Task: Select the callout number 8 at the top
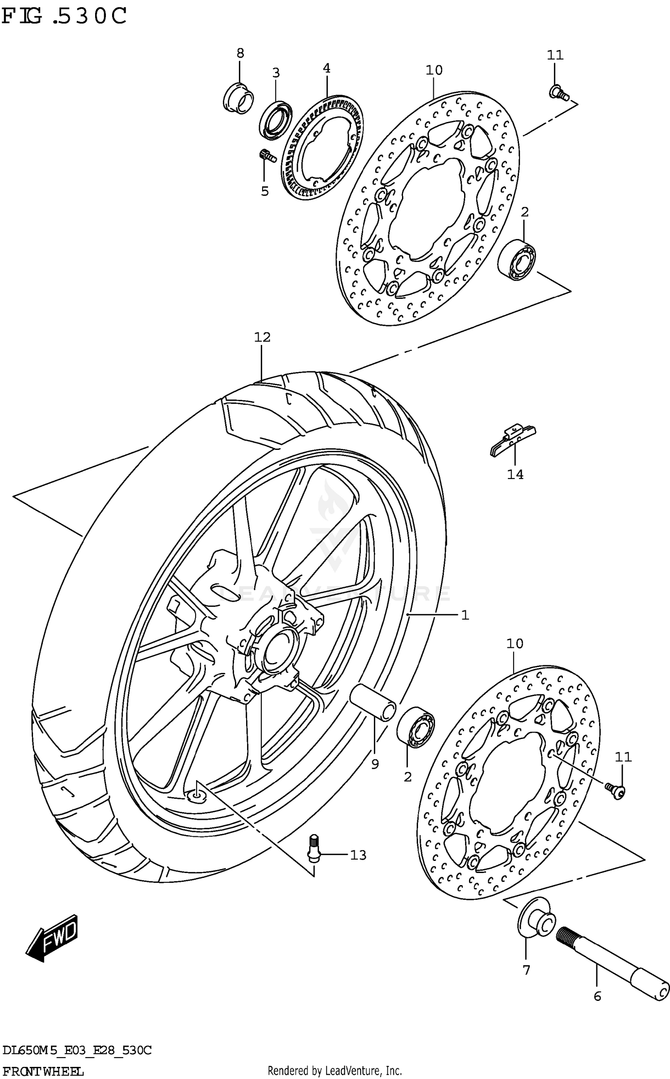240,54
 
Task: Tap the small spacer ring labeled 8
238,98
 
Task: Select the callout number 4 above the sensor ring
327,68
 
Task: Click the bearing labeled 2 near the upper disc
517,260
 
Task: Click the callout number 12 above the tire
263,337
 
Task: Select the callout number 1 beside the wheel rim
465,615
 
